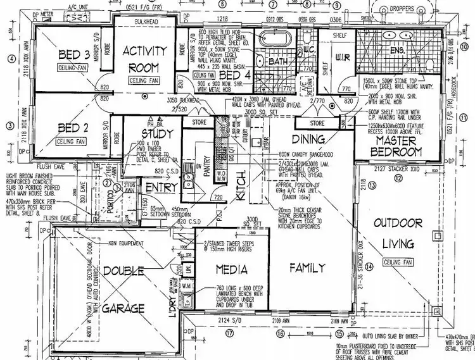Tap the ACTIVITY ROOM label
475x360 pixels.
tap(144, 59)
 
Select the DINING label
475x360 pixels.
tap(308, 139)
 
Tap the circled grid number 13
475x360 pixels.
tap(372, 185)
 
